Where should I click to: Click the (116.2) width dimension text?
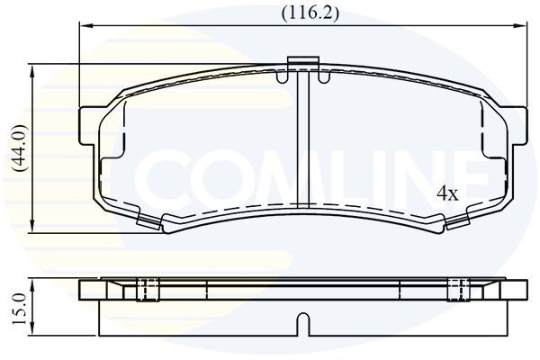click(309, 13)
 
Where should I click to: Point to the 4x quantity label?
click(447, 193)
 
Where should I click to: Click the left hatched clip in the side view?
click(147, 289)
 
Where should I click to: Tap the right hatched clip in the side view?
click(459, 289)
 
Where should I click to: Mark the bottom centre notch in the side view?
click(303, 320)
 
